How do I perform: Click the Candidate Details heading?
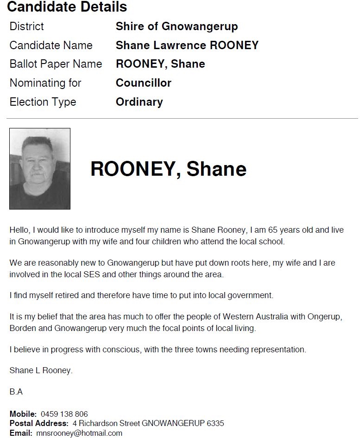67,7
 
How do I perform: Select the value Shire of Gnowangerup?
177,26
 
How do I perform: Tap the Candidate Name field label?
51,45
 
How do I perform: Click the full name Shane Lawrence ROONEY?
187,45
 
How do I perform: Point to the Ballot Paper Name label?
56,64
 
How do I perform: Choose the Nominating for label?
45,83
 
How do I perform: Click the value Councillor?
143,83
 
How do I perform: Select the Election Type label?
43,102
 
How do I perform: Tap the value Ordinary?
139,102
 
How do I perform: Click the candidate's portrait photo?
40,169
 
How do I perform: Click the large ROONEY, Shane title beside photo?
168,169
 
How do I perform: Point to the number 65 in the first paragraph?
273,229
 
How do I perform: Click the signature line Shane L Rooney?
41,370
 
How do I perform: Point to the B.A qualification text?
16,392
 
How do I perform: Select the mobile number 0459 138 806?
64,414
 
